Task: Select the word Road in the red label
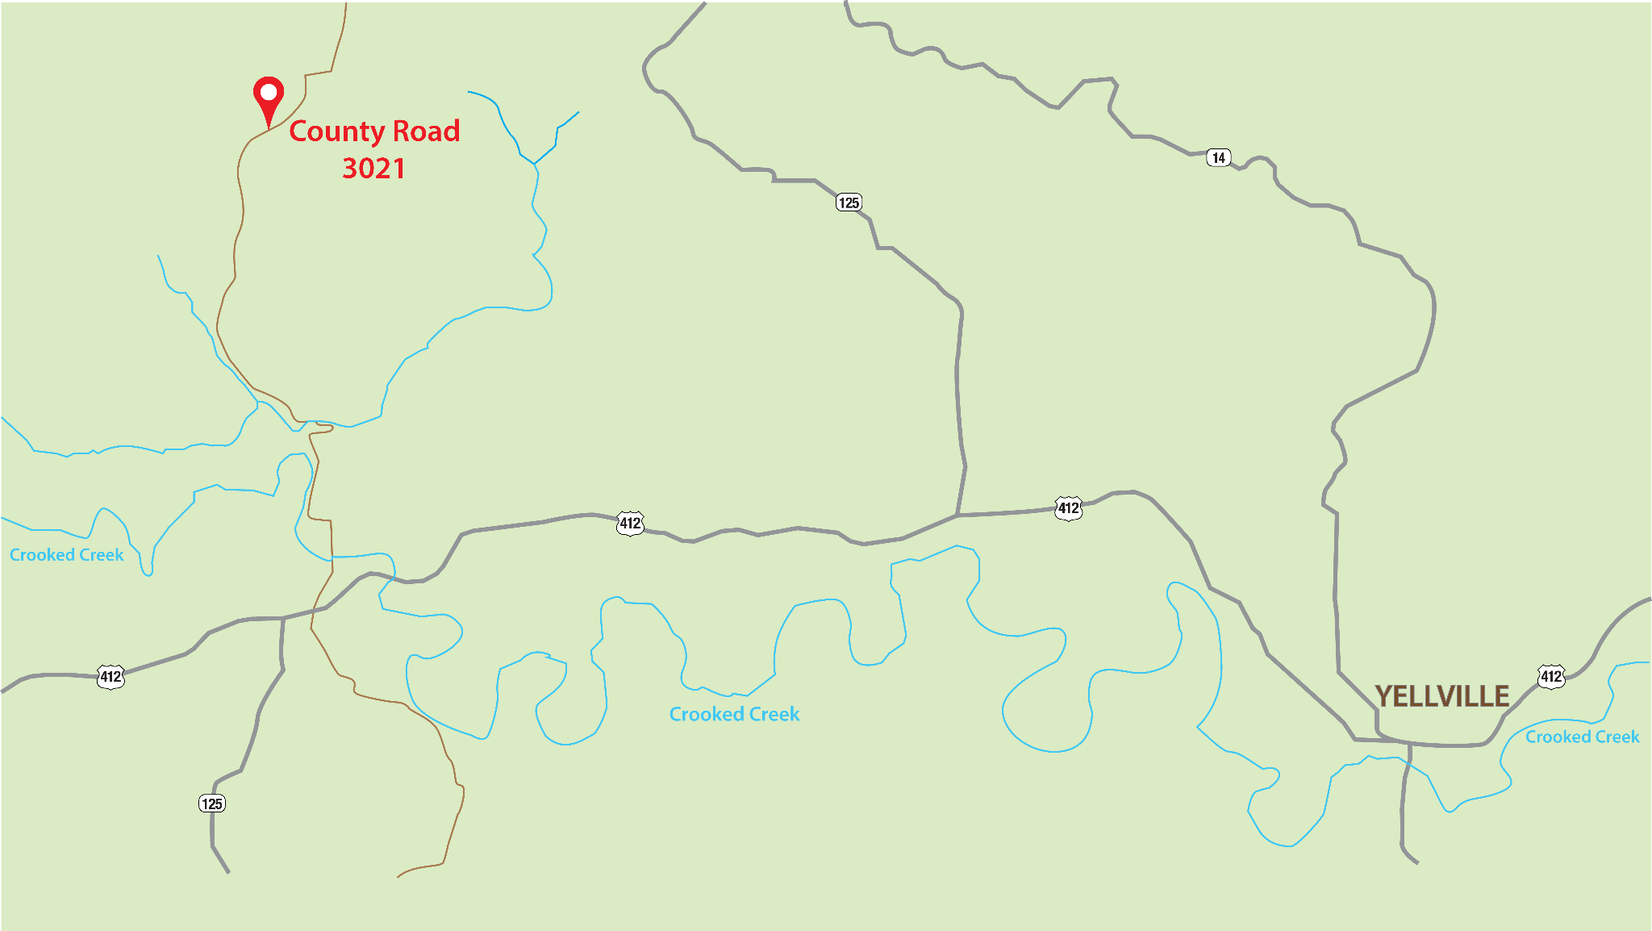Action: click(x=426, y=131)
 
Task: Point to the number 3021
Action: click(x=373, y=169)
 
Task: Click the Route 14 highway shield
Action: click(x=1218, y=157)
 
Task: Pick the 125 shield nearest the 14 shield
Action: click(x=849, y=202)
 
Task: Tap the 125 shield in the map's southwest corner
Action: click(x=212, y=804)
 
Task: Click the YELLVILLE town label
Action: click(x=1441, y=696)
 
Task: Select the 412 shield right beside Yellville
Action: click(x=1550, y=676)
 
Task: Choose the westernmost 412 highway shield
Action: click(x=111, y=677)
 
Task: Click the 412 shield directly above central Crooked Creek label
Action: click(x=630, y=524)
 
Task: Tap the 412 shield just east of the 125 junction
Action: click(x=1068, y=508)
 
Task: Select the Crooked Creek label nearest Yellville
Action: click(x=1582, y=737)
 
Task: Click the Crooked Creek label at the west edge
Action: click(x=67, y=555)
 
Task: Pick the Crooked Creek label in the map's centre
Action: click(x=734, y=714)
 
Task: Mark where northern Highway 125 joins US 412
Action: click(x=957, y=515)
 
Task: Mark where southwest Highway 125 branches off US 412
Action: click(x=283, y=619)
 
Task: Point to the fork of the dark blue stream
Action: click(x=534, y=164)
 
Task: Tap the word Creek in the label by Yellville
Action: click(x=1613, y=737)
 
